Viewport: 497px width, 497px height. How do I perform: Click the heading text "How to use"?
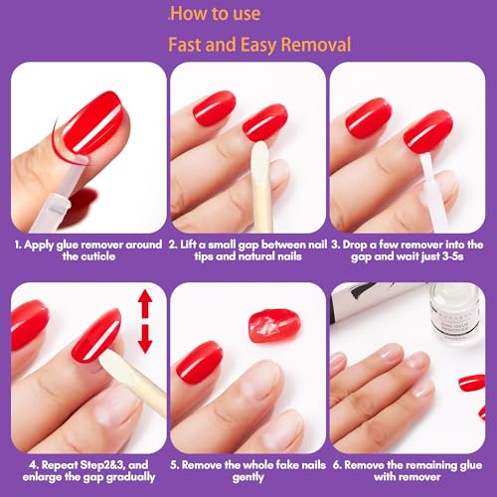216,14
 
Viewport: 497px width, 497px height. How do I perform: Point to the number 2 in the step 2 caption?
173,244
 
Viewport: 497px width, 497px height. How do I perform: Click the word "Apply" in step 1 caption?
41,244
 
